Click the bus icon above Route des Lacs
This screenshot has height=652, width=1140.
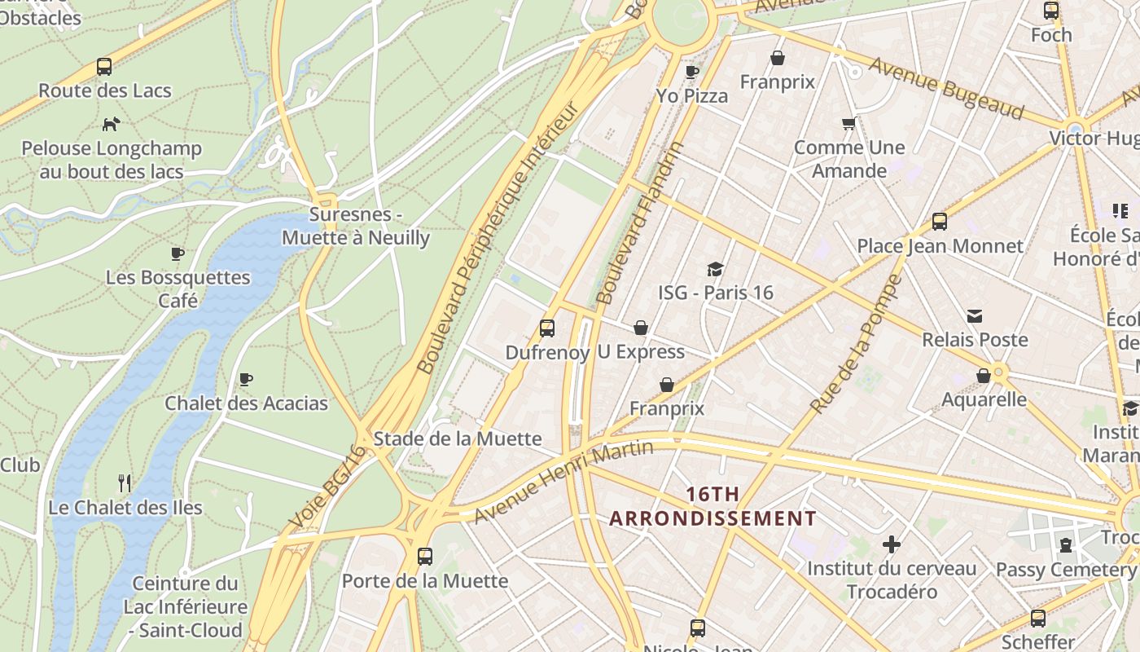tap(104, 67)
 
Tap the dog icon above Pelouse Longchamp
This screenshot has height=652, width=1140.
tap(111, 125)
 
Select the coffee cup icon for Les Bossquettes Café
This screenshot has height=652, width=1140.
tap(178, 253)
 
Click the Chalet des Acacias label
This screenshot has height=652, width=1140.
tap(246, 403)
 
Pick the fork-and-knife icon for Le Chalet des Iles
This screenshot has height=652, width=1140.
tap(125, 483)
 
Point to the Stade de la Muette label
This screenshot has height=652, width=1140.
tap(457, 439)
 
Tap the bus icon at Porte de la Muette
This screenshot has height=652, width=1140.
tap(424, 557)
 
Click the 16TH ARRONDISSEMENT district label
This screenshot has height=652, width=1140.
tap(712, 506)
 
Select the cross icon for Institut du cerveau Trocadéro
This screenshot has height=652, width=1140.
tap(892, 544)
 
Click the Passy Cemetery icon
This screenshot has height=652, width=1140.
tap(1066, 545)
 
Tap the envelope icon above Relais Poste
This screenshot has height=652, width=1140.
tap(975, 316)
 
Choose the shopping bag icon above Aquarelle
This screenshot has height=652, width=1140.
tap(984, 376)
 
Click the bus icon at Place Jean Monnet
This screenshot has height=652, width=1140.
tap(940, 222)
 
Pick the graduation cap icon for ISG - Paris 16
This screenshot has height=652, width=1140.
tap(715, 269)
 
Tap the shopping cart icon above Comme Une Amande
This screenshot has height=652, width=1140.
tap(849, 124)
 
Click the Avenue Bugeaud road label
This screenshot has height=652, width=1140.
tap(945, 88)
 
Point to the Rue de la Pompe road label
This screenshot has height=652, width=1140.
tap(857, 344)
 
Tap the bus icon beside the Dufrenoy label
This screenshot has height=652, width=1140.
tap(547, 328)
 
